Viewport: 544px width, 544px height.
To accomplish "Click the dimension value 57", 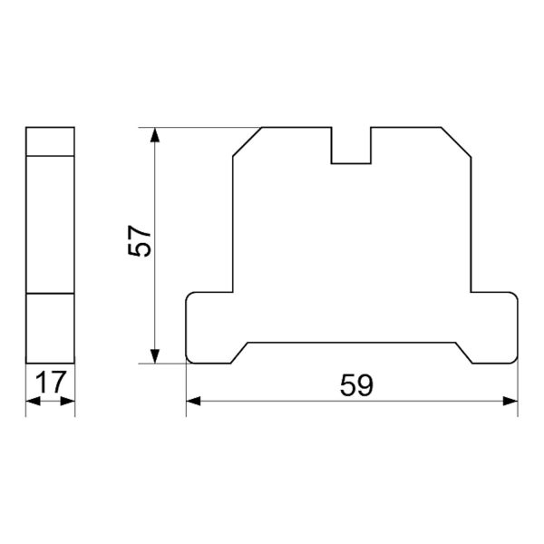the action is [140, 241].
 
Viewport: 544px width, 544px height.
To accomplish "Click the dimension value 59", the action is [356, 385].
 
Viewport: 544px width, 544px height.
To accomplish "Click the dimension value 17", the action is [51, 382].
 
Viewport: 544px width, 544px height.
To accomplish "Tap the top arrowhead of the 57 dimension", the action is [155, 135].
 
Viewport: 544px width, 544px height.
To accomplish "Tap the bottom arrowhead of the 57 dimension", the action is [155, 356].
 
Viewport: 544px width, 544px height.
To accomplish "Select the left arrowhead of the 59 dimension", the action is [194, 402].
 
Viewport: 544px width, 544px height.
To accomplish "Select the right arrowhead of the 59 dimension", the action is [510, 402].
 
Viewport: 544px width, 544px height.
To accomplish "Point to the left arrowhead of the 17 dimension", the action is [33, 402].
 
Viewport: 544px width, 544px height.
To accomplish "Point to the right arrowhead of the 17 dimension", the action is [68, 402].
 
